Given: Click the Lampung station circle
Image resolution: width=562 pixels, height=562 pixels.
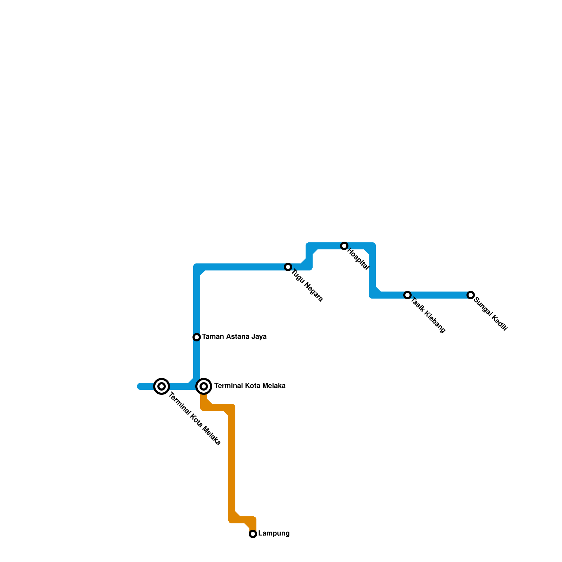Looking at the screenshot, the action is point(253,534).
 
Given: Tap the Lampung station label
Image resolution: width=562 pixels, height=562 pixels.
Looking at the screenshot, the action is point(274,534).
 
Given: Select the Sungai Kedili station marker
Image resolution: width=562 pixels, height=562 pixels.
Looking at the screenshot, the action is point(471,295).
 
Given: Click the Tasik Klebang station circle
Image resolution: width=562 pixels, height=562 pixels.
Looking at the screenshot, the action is point(407,295).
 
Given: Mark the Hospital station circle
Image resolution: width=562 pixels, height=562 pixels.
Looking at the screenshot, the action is point(344,246).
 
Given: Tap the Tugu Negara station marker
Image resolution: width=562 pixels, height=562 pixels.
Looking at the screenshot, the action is point(288,267).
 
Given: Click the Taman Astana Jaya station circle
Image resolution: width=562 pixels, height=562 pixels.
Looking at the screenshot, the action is point(197,337).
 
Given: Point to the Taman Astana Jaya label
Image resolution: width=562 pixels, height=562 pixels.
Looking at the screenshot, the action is point(234,337).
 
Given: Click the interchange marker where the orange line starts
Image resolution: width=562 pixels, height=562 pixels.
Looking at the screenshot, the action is point(204,386).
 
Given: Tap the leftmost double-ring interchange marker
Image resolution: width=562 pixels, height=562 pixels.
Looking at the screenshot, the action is point(162,386).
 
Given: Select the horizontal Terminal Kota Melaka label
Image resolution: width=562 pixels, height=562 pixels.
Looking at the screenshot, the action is point(250,386).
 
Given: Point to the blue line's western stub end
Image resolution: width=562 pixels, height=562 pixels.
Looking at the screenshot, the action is point(140,386).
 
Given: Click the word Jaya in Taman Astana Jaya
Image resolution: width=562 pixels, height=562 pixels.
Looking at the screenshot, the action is point(260,337).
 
